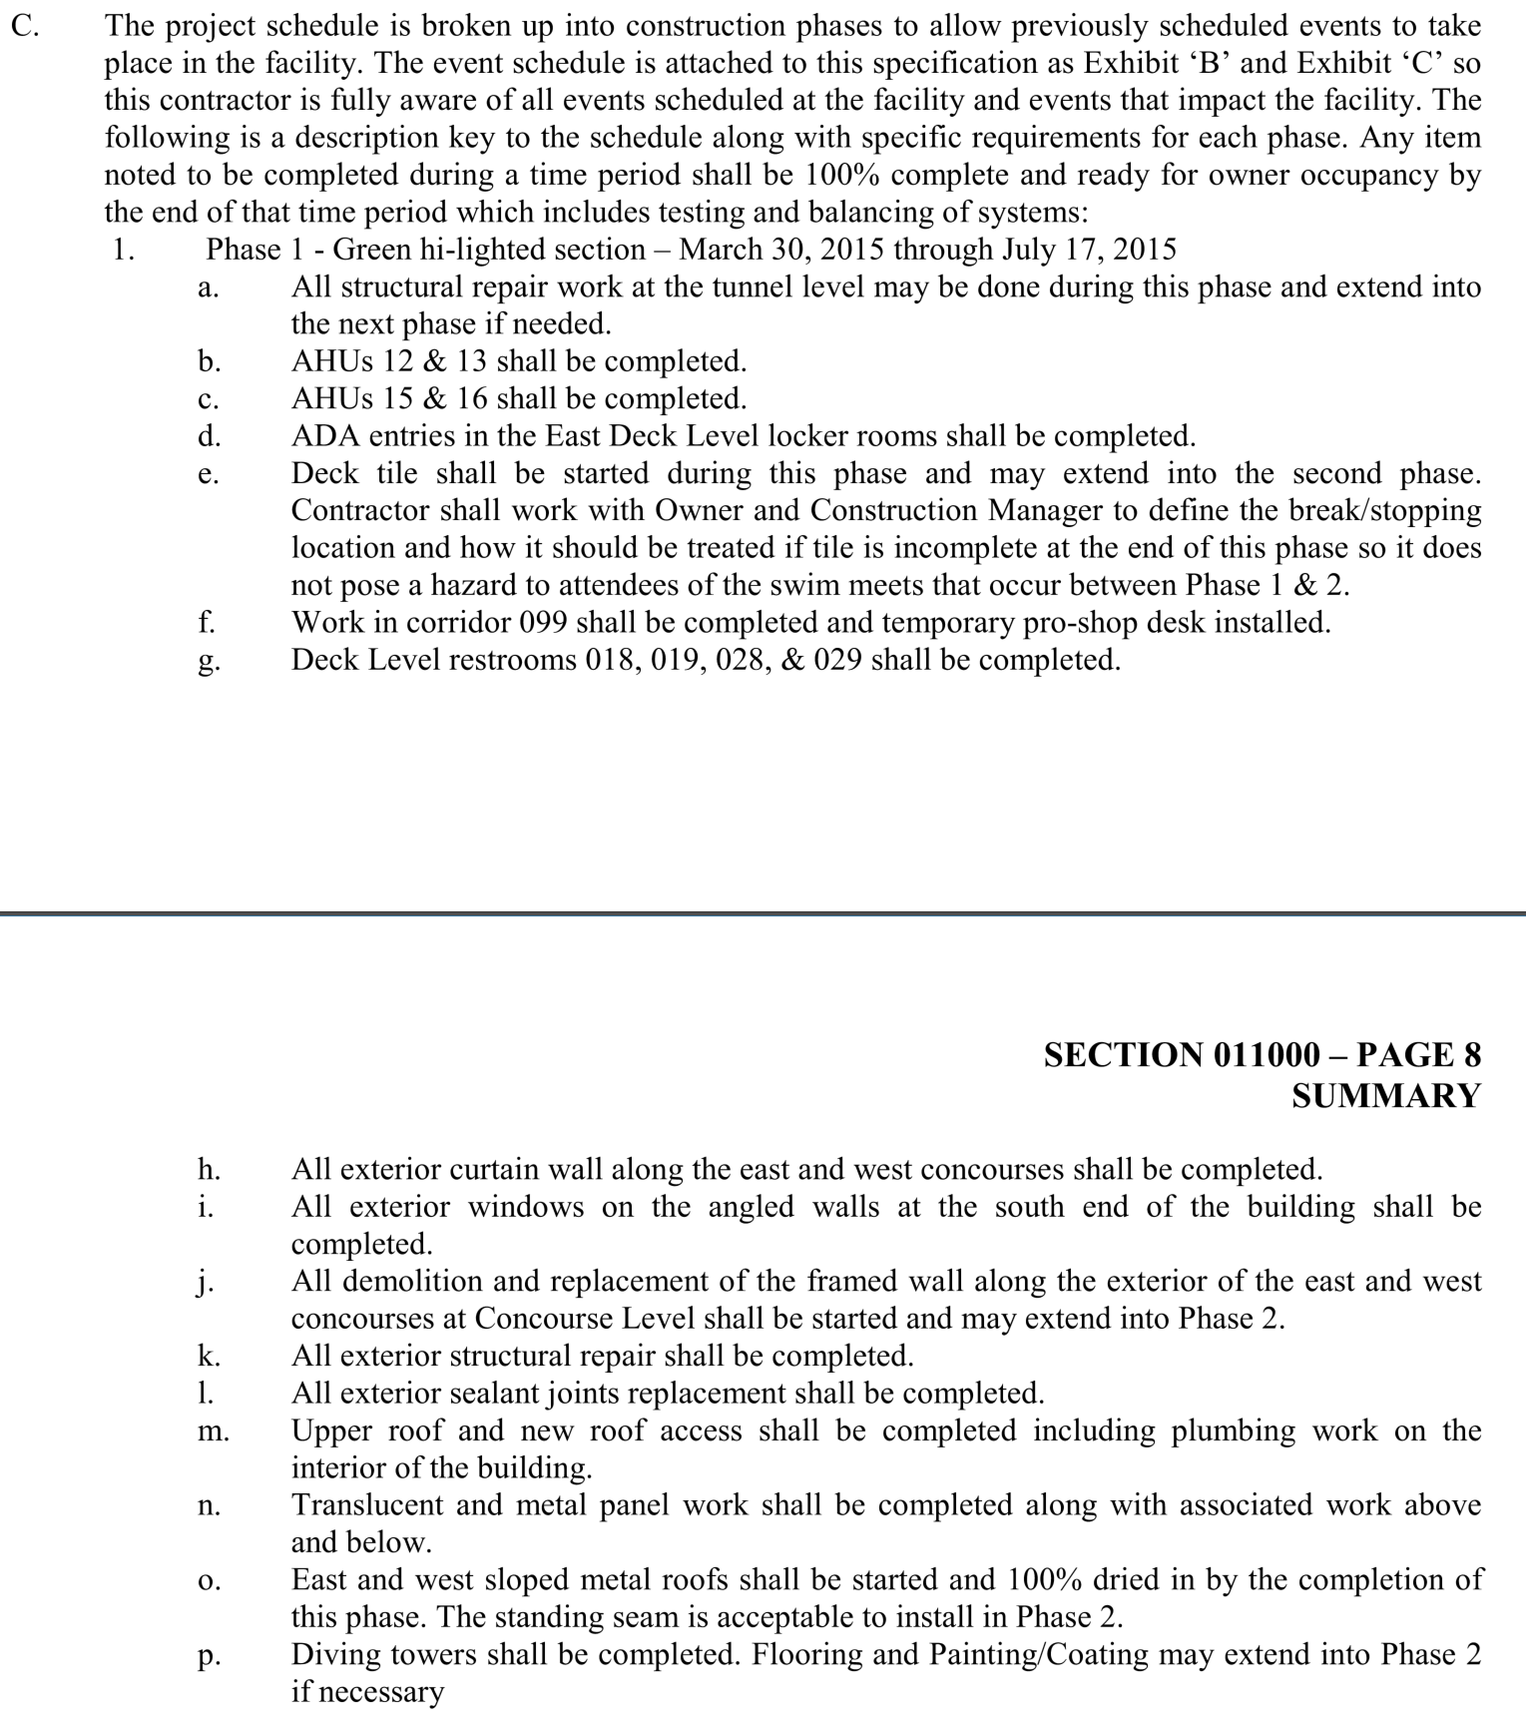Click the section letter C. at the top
25,27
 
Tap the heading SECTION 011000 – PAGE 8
1262,1055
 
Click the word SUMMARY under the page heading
1385,1096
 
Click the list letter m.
213,1432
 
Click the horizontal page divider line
763,912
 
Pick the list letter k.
209,1357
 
